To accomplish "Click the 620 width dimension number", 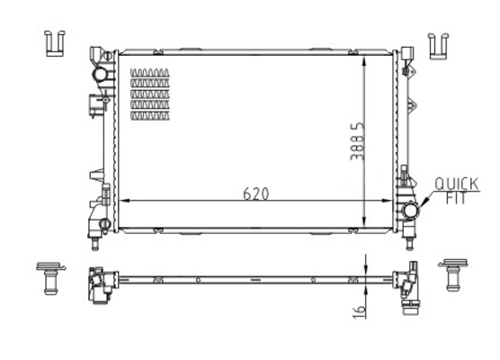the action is [x=255, y=193].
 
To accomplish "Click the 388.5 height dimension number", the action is [x=357, y=140].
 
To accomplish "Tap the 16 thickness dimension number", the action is [x=359, y=311].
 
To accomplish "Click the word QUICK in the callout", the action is [x=457, y=184].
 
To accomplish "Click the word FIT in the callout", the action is [x=456, y=199].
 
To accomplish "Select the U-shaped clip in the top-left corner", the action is [x=55, y=44].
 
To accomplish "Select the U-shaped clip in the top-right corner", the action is [x=438, y=46].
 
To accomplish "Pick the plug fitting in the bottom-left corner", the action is [x=50, y=278].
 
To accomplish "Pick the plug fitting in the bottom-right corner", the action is [x=453, y=274].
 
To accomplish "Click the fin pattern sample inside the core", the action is [x=150, y=94].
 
